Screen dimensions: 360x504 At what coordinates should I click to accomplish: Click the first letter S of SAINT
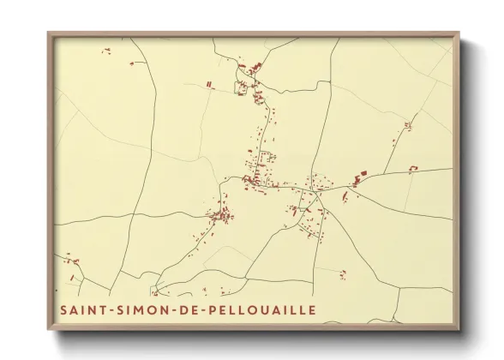(x=63, y=309)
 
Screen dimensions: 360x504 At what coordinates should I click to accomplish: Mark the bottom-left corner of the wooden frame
(x=48, y=329)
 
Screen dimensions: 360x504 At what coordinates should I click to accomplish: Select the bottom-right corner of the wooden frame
(x=459, y=329)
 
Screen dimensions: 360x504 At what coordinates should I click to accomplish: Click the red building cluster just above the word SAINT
(x=71, y=259)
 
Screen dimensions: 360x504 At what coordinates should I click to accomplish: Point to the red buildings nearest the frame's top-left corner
(x=106, y=51)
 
